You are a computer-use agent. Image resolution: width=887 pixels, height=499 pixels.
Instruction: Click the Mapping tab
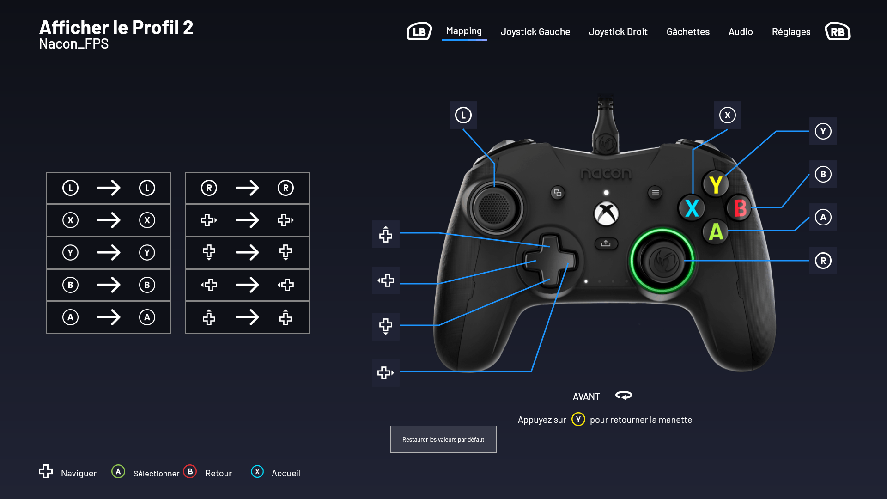(x=464, y=31)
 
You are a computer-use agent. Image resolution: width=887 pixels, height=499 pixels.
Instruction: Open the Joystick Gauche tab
(x=535, y=32)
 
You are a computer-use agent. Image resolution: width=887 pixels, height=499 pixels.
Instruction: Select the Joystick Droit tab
(x=618, y=32)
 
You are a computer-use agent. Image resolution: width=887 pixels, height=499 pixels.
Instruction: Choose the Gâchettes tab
(x=688, y=32)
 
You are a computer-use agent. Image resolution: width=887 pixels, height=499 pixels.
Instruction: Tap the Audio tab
(x=741, y=32)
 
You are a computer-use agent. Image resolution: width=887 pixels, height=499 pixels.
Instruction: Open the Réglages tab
(x=791, y=32)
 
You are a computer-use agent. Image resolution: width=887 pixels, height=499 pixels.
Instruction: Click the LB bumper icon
(x=419, y=31)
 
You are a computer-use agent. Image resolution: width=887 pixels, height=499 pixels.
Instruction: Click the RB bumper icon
(x=838, y=31)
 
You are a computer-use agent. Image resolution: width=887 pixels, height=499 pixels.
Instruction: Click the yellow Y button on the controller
(x=716, y=184)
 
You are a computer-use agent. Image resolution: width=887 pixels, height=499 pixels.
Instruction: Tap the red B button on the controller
(x=740, y=208)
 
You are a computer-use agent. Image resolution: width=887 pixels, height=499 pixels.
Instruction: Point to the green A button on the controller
(x=716, y=231)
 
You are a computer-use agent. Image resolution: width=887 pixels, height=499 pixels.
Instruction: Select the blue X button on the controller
(x=692, y=208)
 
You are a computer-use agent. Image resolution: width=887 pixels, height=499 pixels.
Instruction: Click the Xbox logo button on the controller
(x=606, y=213)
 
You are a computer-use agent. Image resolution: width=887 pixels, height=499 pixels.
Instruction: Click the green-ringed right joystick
(x=662, y=261)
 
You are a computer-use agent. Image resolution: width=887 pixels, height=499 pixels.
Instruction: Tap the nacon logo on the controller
(x=606, y=173)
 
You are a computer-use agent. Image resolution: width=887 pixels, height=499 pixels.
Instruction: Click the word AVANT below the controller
(x=586, y=396)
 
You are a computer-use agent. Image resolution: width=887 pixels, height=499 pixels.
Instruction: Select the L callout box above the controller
(x=463, y=115)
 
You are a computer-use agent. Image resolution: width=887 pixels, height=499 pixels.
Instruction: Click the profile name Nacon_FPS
(x=74, y=44)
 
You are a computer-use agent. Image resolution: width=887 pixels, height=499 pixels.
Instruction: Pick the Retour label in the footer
(x=219, y=473)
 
